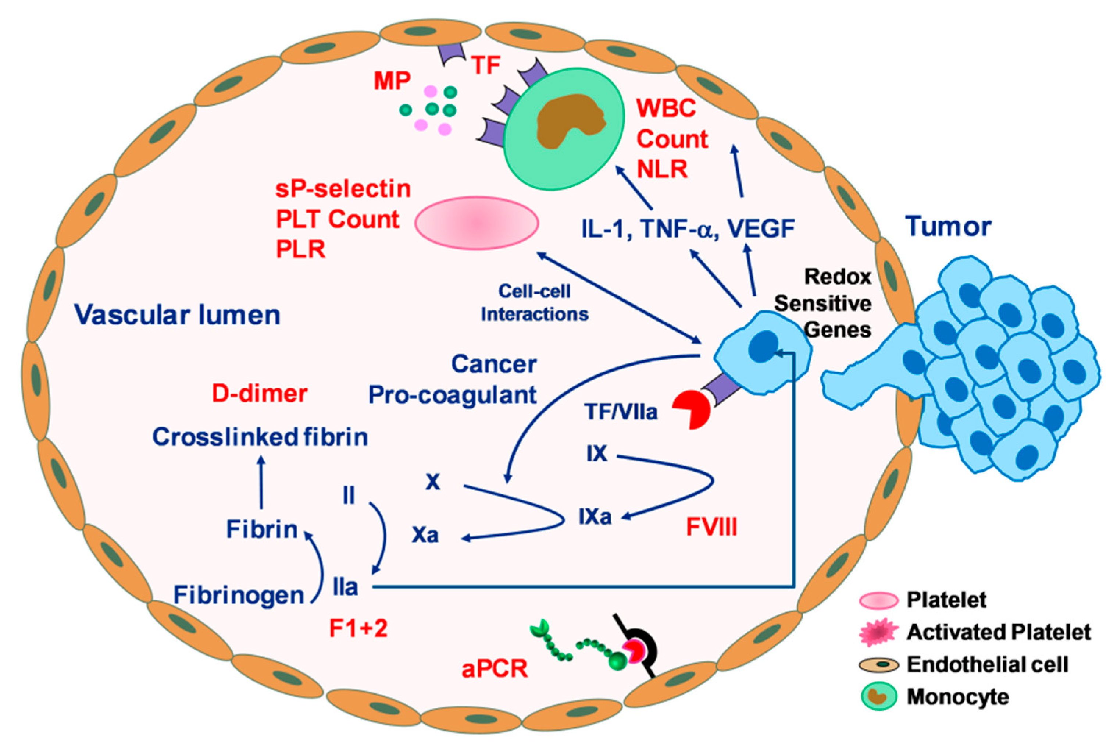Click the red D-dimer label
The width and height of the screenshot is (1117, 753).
pyautogui.click(x=259, y=394)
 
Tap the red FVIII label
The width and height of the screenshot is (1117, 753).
pyautogui.click(x=711, y=527)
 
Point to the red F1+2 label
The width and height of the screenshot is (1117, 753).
pyautogui.click(x=358, y=628)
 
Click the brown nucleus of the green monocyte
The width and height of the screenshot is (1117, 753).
pyautogui.click(x=569, y=120)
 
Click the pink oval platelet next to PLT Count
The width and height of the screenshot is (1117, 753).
pyautogui.click(x=476, y=223)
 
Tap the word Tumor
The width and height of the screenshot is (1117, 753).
pyautogui.click(x=948, y=227)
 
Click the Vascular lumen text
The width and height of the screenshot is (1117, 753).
pyautogui.click(x=177, y=316)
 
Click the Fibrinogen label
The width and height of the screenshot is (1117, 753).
pyautogui.click(x=239, y=596)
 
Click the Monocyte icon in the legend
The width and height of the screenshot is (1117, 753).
pyautogui.click(x=879, y=697)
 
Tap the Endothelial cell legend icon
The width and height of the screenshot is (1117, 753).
pyautogui.click(x=878, y=665)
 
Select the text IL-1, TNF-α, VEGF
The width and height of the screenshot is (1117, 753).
pyautogui.click(x=688, y=228)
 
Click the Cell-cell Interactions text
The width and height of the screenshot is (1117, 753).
pyautogui.click(x=534, y=302)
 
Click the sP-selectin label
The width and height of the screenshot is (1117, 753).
pyautogui.click(x=343, y=189)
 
